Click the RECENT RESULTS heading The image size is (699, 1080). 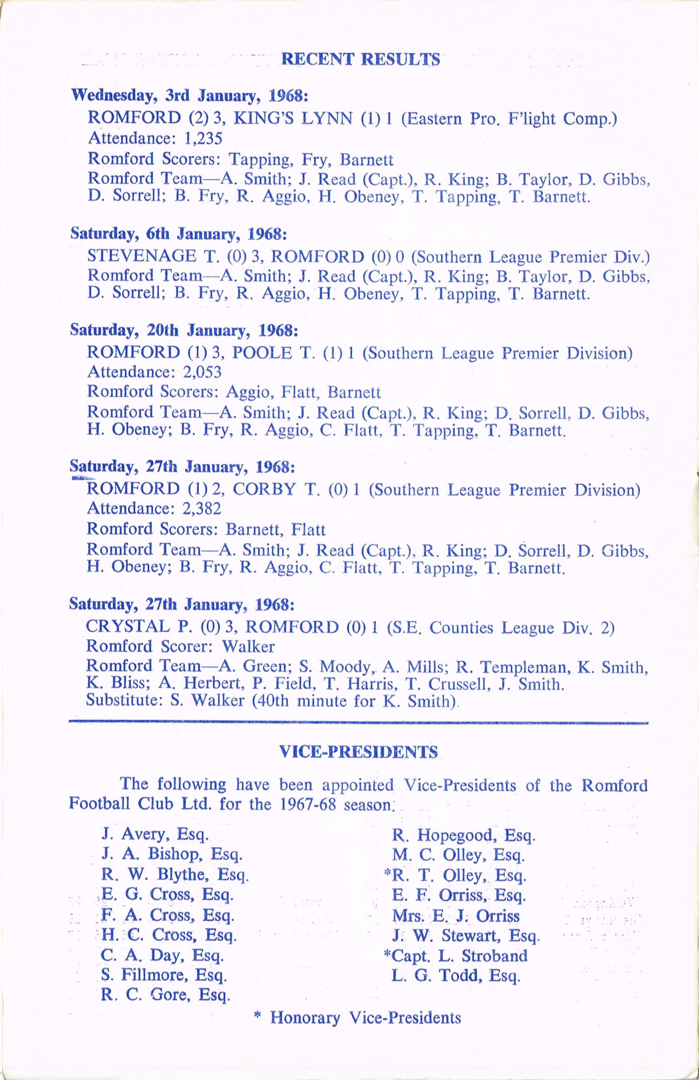coord(361,60)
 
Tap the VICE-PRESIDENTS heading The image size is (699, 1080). coord(358,752)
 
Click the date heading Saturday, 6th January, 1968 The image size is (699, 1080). coord(178,234)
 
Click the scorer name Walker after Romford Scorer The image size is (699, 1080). coord(248,646)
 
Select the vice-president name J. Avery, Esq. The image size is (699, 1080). coord(154,834)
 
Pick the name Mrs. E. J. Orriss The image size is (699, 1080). coord(456,915)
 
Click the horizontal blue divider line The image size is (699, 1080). coord(358,722)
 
